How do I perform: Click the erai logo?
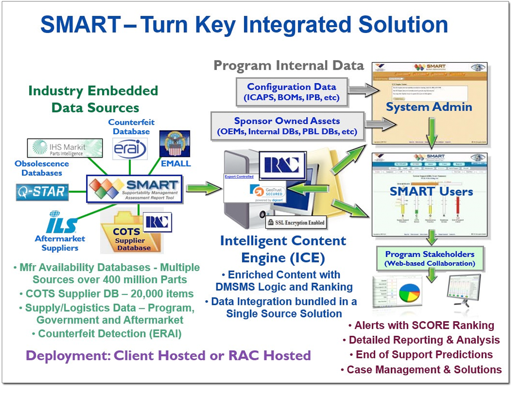tap(130, 149)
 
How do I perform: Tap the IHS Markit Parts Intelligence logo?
tap(65, 148)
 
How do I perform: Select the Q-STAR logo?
tap(42, 192)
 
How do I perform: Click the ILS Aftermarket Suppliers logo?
tap(61, 223)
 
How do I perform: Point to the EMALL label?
tap(176, 164)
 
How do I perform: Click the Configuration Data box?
tap(292, 92)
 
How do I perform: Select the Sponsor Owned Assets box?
tap(287, 126)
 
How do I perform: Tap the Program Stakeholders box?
tap(430, 258)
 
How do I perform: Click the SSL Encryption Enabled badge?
tap(296, 223)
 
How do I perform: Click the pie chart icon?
tap(409, 293)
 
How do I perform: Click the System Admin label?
tap(429, 107)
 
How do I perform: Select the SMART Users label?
tap(431, 191)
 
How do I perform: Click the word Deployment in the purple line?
tap(68, 355)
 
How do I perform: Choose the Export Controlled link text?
tap(239, 176)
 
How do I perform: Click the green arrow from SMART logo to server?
tap(203, 188)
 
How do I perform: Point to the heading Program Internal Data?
tap(289, 66)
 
